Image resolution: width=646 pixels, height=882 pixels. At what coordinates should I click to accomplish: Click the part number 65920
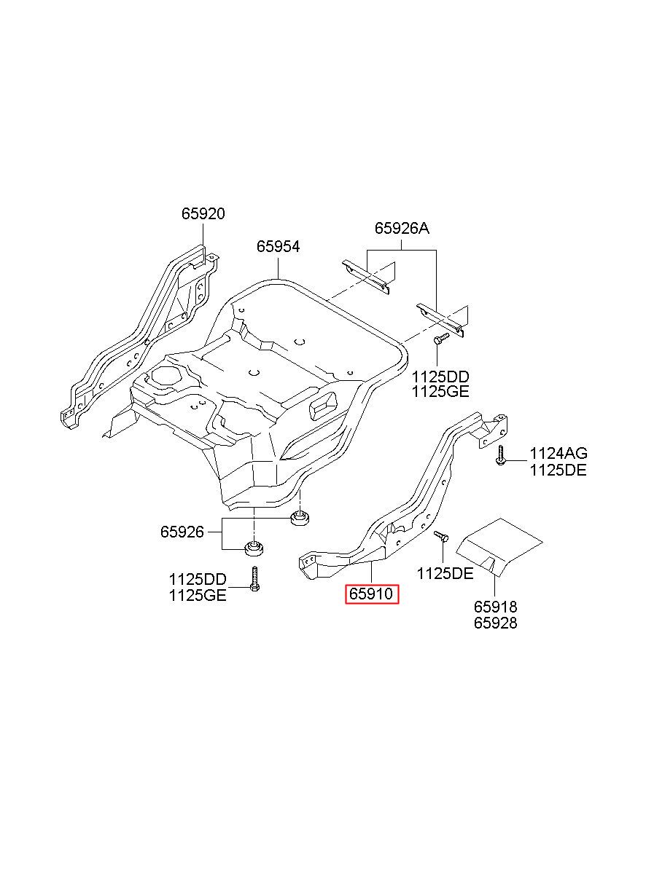[x=203, y=214]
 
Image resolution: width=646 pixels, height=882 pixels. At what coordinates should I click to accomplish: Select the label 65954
[x=279, y=246]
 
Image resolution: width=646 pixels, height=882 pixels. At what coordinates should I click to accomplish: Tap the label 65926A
[x=402, y=229]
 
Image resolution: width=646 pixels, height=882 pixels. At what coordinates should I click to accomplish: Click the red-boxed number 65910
[x=371, y=605]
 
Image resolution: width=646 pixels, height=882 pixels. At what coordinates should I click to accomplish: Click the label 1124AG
[x=558, y=454]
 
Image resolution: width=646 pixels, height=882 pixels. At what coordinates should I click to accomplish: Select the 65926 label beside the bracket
[x=182, y=532]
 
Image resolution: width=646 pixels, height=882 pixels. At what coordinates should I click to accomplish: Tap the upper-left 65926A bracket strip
[x=366, y=277]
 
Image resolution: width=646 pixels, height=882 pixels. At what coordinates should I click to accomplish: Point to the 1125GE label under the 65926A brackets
[x=440, y=392]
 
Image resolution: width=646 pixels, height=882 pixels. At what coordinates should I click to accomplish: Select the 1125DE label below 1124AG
[x=558, y=470]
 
